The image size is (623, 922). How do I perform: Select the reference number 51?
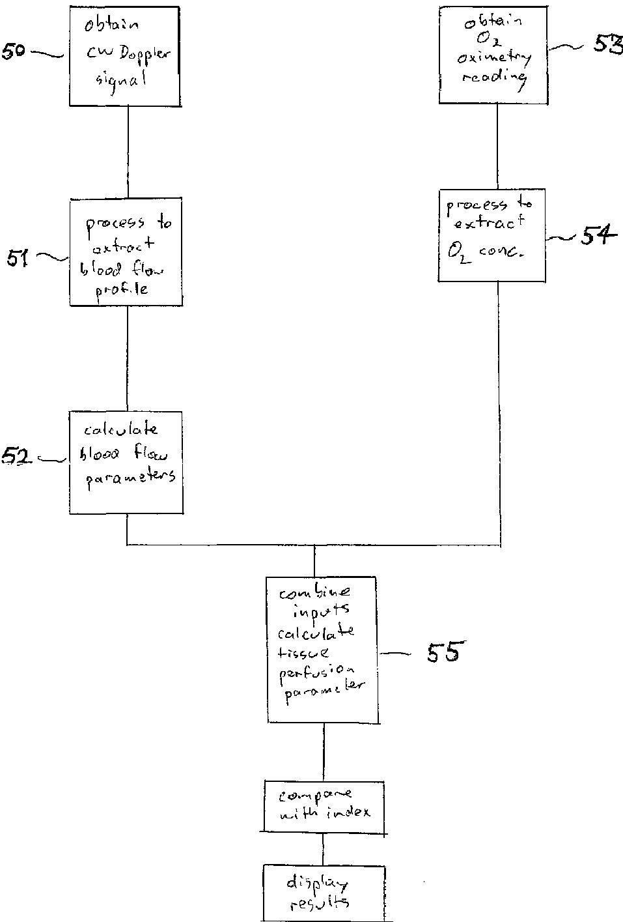coord(18,258)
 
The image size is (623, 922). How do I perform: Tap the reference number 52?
coord(17,457)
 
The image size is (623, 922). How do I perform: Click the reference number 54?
coord(598,236)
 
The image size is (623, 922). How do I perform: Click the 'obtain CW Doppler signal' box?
coord(124,56)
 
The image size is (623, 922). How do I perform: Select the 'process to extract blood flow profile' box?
coord(126,252)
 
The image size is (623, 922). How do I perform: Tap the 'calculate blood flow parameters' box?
coord(126,462)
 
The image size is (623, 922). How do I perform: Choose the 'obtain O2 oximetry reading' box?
coord(492,55)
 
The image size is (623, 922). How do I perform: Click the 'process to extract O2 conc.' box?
coord(492,235)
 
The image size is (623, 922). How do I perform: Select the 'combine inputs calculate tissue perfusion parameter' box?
coord(322,649)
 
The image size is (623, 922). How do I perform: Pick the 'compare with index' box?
coord(324,806)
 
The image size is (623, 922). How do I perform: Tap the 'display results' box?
coord(324,893)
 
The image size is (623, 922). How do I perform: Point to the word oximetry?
coord(494,59)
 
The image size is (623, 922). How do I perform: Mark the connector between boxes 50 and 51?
coord(128,152)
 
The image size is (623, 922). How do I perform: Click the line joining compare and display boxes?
coord(323,849)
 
